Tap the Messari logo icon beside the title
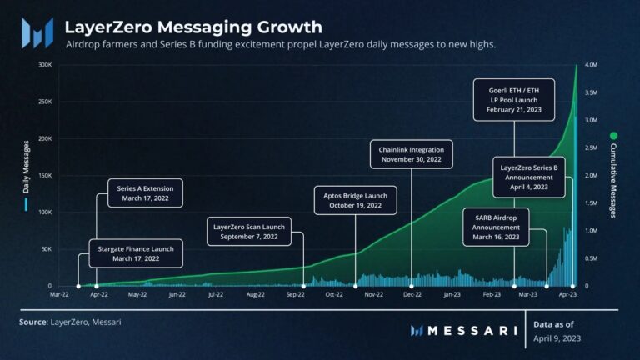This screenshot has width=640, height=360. [x=38, y=32]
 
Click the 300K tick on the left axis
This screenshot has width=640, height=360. [x=45, y=65]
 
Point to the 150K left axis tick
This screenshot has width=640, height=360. [x=45, y=176]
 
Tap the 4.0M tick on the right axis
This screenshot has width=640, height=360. [x=589, y=65]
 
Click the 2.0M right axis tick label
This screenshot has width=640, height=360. [x=589, y=176]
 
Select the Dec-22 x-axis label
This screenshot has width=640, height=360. [x=412, y=294]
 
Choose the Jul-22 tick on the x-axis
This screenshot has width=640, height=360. [x=215, y=294]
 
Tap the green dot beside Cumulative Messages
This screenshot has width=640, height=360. [x=614, y=135]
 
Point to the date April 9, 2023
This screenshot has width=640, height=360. [x=557, y=338]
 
